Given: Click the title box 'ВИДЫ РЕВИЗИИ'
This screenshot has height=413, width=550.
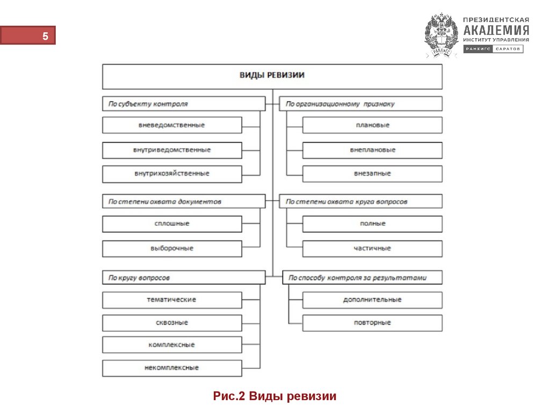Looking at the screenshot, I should pyautogui.click(x=272, y=76).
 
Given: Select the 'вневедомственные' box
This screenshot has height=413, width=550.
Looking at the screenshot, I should pyautogui.click(x=172, y=125).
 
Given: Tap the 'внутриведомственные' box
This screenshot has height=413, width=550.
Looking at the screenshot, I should pyautogui.click(x=172, y=150).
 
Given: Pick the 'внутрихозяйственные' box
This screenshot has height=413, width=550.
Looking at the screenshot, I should pyautogui.click(x=172, y=174).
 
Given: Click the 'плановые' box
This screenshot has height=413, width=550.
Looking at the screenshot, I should pyautogui.click(x=372, y=125).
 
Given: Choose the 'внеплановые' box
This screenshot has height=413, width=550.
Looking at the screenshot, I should pyautogui.click(x=372, y=150).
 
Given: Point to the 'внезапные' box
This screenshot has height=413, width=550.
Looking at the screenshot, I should pyautogui.click(x=372, y=174).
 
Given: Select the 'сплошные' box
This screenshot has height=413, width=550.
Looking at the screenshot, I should pyautogui.click(x=172, y=224).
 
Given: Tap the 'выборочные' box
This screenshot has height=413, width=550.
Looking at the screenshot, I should pyautogui.click(x=172, y=248).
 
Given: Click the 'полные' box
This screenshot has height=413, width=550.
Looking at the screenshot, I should pyautogui.click(x=372, y=224).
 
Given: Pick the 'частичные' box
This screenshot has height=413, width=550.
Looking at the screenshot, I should pyautogui.click(x=372, y=248).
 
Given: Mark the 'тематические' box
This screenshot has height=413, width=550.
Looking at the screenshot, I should pyautogui.click(x=172, y=300).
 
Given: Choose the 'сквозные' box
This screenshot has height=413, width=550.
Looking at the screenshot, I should pyautogui.click(x=172, y=323).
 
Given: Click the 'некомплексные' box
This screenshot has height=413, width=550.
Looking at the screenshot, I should pyautogui.click(x=172, y=368).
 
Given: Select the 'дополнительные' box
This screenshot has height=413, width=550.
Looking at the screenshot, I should pyautogui.click(x=372, y=300).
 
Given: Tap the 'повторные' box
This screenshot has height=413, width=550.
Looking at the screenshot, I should pyautogui.click(x=372, y=323).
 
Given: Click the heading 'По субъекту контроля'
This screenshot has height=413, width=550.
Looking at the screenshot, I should pyautogui.click(x=183, y=104).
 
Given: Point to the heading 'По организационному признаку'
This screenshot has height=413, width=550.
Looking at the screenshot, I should pyautogui.click(x=361, y=104).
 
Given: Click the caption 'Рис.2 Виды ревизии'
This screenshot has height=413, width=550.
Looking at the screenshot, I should pyautogui.click(x=274, y=397).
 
